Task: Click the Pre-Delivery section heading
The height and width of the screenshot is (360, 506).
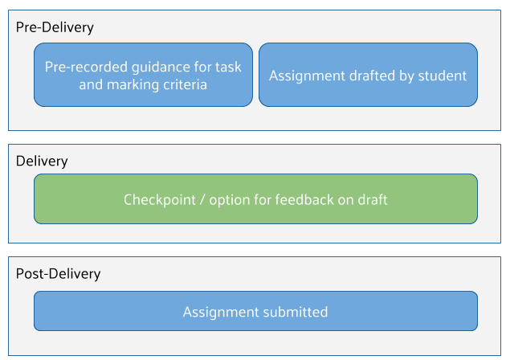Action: click(55, 27)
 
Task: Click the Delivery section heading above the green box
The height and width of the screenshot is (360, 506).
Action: click(42, 161)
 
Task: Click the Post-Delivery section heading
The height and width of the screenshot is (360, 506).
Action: click(58, 273)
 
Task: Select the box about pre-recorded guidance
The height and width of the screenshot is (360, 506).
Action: click(143, 75)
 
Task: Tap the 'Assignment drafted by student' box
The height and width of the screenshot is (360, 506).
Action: click(368, 75)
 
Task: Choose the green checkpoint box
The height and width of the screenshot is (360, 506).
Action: click(255, 198)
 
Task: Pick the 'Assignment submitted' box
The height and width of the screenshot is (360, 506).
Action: click(255, 311)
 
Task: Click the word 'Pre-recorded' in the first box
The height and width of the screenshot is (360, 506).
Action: click(84, 67)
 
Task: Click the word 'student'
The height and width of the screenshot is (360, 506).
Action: click(442, 76)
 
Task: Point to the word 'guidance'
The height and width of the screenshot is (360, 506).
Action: click(157, 67)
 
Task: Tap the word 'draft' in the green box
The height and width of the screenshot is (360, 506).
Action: click(371, 199)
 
